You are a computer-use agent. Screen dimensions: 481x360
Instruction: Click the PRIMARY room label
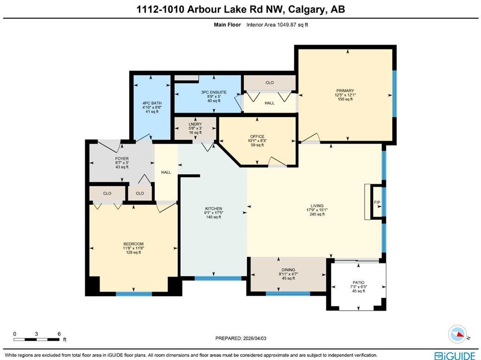pyautogui.click(x=345, y=91)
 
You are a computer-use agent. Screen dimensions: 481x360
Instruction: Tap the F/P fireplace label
pyautogui.click(x=377, y=202)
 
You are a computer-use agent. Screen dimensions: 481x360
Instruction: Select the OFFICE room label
pyautogui.click(x=257, y=137)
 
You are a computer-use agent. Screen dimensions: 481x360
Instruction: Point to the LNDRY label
pyautogui.click(x=195, y=124)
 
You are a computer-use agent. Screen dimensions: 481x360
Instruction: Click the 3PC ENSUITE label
pyautogui.click(x=214, y=92)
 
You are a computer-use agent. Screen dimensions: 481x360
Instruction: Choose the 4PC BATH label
pyautogui.click(x=152, y=103)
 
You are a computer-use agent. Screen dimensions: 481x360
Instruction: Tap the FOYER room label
pyautogui.click(x=122, y=159)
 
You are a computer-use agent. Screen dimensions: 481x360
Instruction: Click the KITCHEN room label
pyautogui.click(x=214, y=209)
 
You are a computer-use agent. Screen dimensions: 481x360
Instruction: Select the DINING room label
pyautogui.click(x=288, y=270)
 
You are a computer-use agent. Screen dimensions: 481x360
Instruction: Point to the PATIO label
pyautogui.click(x=358, y=282)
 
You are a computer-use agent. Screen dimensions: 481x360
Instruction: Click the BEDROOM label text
pyautogui.click(x=133, y=244)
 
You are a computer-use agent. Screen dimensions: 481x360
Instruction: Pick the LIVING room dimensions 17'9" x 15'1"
pyautogui.click(x=317, y=210)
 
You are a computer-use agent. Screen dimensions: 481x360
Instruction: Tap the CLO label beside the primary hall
pyautogui.click(x=270, y=83)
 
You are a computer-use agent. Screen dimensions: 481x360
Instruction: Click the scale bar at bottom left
pyautogui.click(x=36, y=339)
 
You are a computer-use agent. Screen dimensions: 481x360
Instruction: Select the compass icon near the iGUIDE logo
pyautogui.click(x=457, y=334)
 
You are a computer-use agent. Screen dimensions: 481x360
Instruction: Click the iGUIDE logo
pyautogui.click(x=455, y=355)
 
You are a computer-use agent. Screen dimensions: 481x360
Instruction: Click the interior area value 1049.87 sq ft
pyautogui.click(x=292, y=25)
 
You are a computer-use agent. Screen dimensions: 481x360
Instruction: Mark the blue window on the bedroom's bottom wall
pyautogui.click(x=134, y=294)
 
